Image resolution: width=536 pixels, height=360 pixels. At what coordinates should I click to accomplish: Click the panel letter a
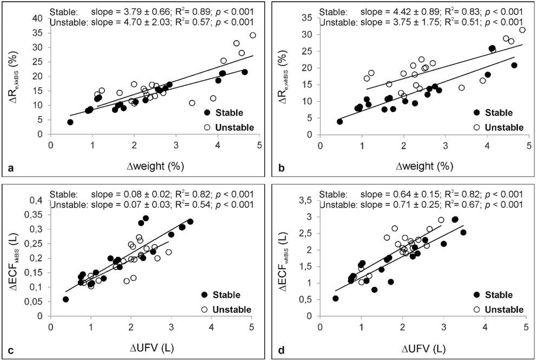pos(8,169)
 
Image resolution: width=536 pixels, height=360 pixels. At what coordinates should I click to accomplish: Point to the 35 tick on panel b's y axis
pos(308,17)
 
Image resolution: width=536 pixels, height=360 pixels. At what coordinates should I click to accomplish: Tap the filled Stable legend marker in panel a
pos(206,113)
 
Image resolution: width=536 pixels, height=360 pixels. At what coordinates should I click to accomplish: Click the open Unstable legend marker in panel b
pos(477,127)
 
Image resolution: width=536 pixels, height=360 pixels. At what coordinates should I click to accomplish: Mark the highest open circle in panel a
pos(253,35)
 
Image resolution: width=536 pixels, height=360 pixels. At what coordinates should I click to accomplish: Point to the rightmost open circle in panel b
pos(522,30)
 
